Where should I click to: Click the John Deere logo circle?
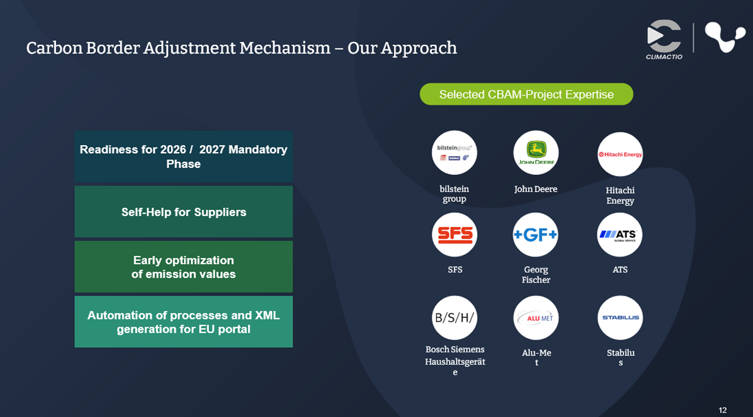click(536, 153)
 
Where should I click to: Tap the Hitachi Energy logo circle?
click(620, 154)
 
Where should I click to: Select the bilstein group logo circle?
click(454, 153)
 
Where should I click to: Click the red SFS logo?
click(455, 235)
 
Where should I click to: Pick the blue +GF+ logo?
click(536, 235)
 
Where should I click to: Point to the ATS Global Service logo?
click(620, 235)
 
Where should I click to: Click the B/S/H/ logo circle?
click(455, 317)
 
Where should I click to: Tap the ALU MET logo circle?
click(536, 317)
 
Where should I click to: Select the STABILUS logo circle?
click(620, 317)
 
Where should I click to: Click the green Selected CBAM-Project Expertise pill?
click(526, 94)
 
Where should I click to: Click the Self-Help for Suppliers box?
click(184, 212)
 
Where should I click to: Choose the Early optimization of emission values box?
click(184, 266)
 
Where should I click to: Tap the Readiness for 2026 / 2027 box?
click(184, 156)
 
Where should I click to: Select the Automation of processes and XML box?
click(184, 322)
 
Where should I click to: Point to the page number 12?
click(722, 410)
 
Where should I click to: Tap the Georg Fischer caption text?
click(536, 275)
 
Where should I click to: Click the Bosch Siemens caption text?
click(455, 349)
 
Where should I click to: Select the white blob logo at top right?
click(724, 36)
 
